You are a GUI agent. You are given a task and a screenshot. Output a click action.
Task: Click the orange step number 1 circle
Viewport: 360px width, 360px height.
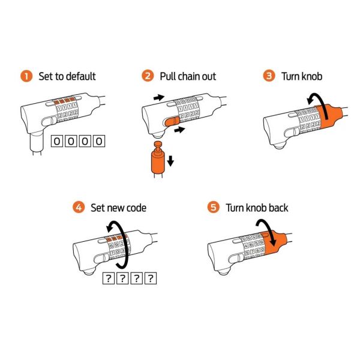[26, 76]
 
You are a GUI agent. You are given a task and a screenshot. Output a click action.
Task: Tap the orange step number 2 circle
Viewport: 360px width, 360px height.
[148, 76]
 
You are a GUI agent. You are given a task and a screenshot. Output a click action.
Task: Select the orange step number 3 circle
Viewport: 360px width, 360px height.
[269, 76]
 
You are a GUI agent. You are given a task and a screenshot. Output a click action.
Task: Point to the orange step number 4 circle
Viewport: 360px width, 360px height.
[79, 208]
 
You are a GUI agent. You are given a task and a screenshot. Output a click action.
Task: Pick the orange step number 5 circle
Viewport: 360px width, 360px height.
[214, 208]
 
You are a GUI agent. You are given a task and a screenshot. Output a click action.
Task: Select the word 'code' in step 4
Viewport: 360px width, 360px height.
[136, 208]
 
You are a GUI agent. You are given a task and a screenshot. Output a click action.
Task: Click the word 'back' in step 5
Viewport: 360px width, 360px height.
[278, 208]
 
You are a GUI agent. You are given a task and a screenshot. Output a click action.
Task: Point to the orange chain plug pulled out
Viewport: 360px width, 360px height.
[158, 159]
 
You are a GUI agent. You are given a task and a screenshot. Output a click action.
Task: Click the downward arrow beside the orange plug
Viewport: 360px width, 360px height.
[170, 161]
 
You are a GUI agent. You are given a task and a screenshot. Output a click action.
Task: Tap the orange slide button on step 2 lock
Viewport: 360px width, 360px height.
[172, 121]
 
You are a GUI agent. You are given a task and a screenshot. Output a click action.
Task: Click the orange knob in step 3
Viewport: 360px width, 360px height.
[329, 117]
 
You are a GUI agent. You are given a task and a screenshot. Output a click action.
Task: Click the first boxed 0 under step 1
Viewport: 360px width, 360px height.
[57, 141]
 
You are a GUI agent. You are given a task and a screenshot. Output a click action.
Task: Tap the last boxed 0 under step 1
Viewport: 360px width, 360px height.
[99, 141]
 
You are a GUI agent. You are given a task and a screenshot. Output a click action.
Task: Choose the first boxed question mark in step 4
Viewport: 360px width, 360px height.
[109, 278]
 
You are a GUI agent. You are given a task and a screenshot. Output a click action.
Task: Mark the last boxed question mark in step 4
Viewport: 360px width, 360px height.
[151, 278]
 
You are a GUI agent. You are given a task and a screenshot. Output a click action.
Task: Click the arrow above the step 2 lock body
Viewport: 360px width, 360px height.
[158, 98]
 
